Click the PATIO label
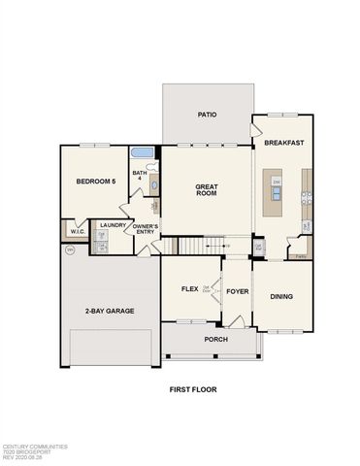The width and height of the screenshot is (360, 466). [x=207, y=115]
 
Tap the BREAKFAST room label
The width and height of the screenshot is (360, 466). [x=284, y=143]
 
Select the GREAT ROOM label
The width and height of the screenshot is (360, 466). [x=207, y=193]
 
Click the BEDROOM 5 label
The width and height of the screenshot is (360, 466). [x=97, y=182]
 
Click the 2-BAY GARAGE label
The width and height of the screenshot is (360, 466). [x=109, y=311]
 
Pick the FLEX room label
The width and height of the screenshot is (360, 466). [x=190, y=289]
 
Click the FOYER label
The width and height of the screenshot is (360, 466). [x=237, y=289]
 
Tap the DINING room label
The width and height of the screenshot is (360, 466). [x=282, y=297]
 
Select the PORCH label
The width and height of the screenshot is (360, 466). [x=215, y=340]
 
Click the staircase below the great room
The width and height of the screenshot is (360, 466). [x=200, y=247]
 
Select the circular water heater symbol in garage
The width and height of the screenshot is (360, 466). [x=70, y=250]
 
